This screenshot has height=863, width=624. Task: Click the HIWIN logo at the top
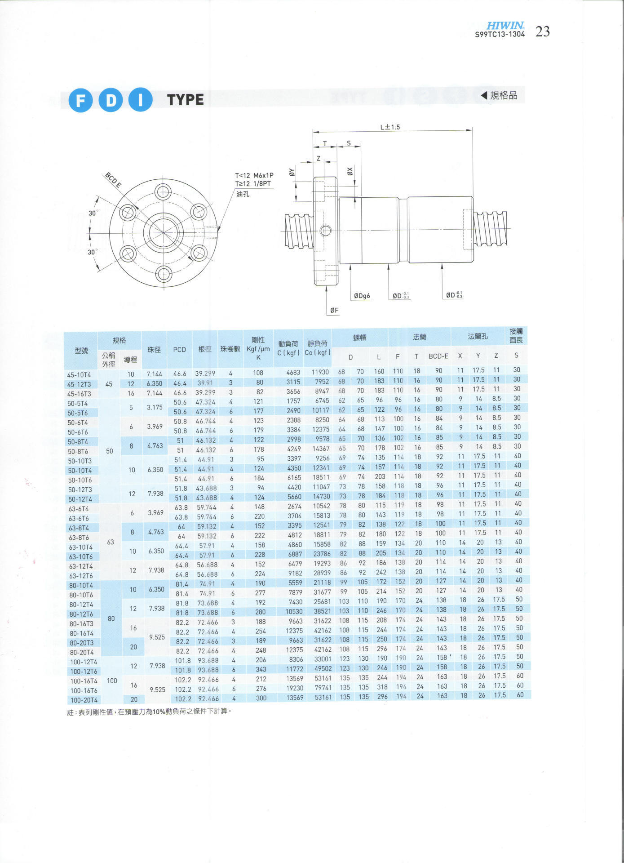(505, 26)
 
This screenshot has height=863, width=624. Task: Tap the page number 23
(543, 31)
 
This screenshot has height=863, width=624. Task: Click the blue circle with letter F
(80, 100)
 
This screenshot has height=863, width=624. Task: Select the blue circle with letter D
(111, 100)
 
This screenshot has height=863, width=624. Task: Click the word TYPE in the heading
(186, 100)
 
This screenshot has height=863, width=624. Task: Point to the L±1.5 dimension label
(389, 127)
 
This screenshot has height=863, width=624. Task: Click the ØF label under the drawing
(334, 310)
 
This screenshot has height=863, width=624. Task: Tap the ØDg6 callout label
(362, 296)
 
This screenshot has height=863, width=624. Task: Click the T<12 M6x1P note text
(254, 175)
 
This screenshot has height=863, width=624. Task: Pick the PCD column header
(179, 349)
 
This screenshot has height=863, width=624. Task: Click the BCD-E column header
(438, 356)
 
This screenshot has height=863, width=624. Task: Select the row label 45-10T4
(79, 375)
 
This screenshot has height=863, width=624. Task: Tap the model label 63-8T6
(79, 538)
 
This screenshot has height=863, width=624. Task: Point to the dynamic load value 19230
(295, 688)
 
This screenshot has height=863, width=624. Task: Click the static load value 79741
(323, 688)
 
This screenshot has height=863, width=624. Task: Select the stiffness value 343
(261, 669)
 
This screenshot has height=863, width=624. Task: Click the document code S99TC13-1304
(500, 34)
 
